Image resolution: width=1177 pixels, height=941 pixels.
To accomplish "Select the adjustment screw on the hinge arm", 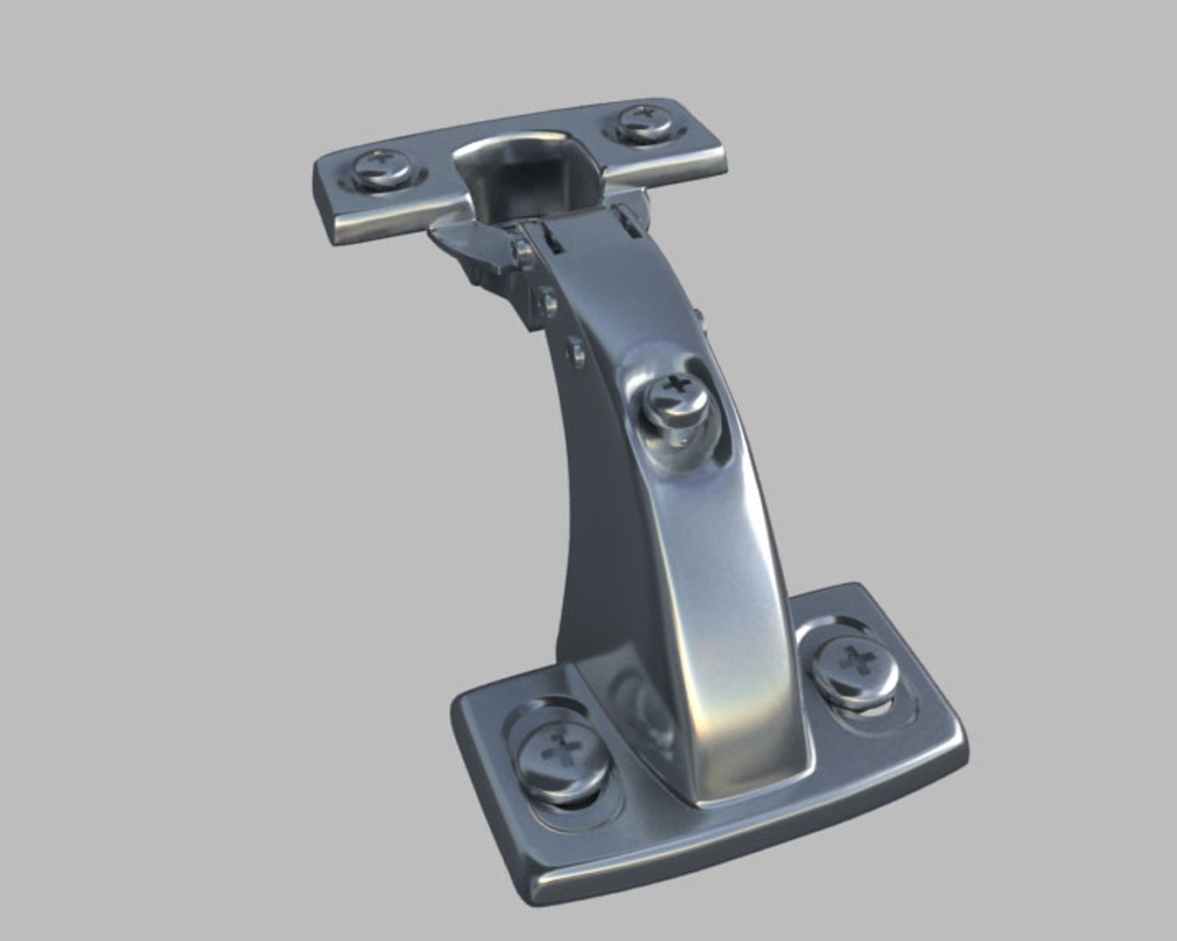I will pos(677,400).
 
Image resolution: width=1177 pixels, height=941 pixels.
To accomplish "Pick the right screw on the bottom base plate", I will pos(855,666).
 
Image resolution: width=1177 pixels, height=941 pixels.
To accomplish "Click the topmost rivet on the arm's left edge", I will pos(522,252).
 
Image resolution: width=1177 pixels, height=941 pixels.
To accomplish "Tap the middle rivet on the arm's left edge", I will pos(548,302).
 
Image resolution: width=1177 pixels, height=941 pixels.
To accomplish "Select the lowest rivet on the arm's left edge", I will pos(575,352).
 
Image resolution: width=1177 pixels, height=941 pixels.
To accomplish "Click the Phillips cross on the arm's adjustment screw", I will pos(676,384).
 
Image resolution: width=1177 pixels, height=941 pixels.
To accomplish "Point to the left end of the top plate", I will pos(328,192).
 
